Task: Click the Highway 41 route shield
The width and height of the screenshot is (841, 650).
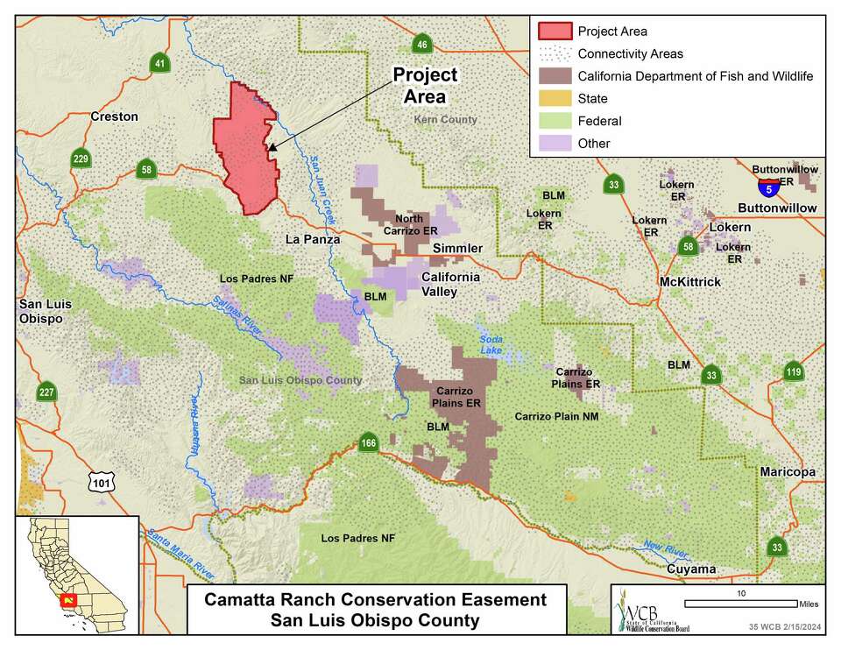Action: tap(159, 63)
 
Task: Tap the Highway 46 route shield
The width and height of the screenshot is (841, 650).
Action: tap(421, 45)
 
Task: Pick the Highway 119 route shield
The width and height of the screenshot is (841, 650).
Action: tap(794, 372)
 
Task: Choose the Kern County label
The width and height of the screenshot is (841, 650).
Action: tap(446, 119)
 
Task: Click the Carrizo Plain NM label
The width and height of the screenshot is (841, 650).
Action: tap(556, 416)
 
